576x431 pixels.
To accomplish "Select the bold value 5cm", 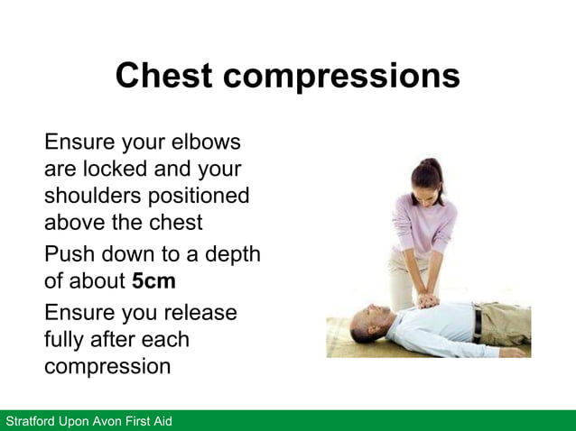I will tap(153, 280).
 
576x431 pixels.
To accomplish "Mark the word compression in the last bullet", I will tap(107, 368).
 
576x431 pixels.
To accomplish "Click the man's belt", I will tap(476, 321).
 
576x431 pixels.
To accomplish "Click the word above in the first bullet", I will tap(77, 222).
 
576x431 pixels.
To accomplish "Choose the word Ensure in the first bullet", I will tap(84, 142).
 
